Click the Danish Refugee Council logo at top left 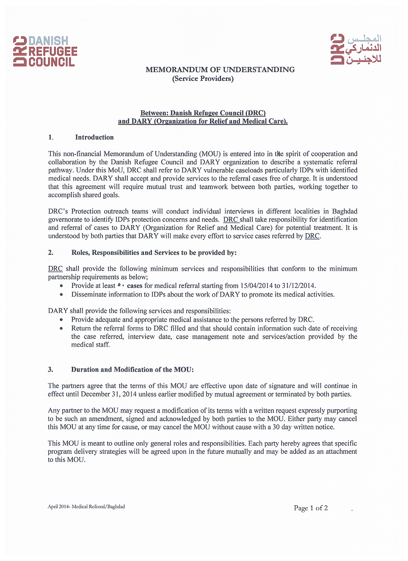(x=45, y=51)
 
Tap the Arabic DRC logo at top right (x=356, y=49)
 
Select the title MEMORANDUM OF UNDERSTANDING (x=220, y=70)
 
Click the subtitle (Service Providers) (x=203, y=78)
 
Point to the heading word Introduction (x=94, y=137)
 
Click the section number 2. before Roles (x=51, y=253)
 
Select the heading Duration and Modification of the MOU (x=132, y=369)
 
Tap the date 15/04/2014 (x=256, y=285)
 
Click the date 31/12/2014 (x=298, y=285)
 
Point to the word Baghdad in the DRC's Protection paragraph (x=344, y=211)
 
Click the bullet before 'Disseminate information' (x=61, y=295)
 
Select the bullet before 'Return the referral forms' (x=61, y=329)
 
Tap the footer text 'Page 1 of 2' (x=311, y=508)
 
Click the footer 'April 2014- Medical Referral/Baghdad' (x=86, y=507)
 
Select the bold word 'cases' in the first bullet (x=135, y=285)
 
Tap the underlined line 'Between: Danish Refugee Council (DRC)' (x=203, y=113)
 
